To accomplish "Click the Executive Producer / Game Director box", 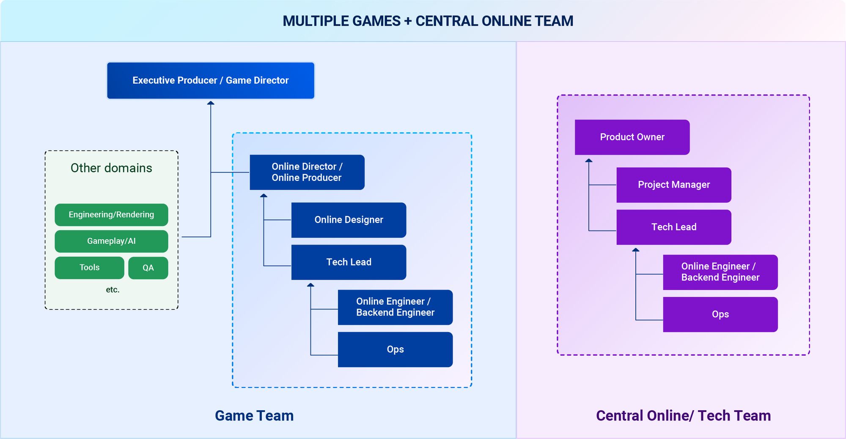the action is point(211,81).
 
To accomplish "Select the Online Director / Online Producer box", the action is point(307,172).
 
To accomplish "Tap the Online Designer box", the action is point(349,220).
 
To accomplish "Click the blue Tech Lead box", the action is point(349,262).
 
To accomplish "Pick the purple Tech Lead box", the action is point(674,227).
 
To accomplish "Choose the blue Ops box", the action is point(396,349).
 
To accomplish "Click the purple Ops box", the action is point(720,314).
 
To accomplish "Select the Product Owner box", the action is point(632,137).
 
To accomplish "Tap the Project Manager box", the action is point(674,185).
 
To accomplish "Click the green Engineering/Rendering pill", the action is point(111,215).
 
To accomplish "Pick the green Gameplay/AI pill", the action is point(111,241).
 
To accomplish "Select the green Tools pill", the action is point(90,268).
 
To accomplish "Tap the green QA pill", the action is point(148,268).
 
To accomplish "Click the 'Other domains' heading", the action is point(111,168).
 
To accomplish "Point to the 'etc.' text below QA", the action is point(113,290).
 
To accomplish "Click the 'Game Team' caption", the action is point(254,416).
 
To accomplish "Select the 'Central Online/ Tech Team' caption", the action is point(684,416).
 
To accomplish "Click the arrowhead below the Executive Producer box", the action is point(211,103).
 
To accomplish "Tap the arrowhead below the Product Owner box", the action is point(589,160).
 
